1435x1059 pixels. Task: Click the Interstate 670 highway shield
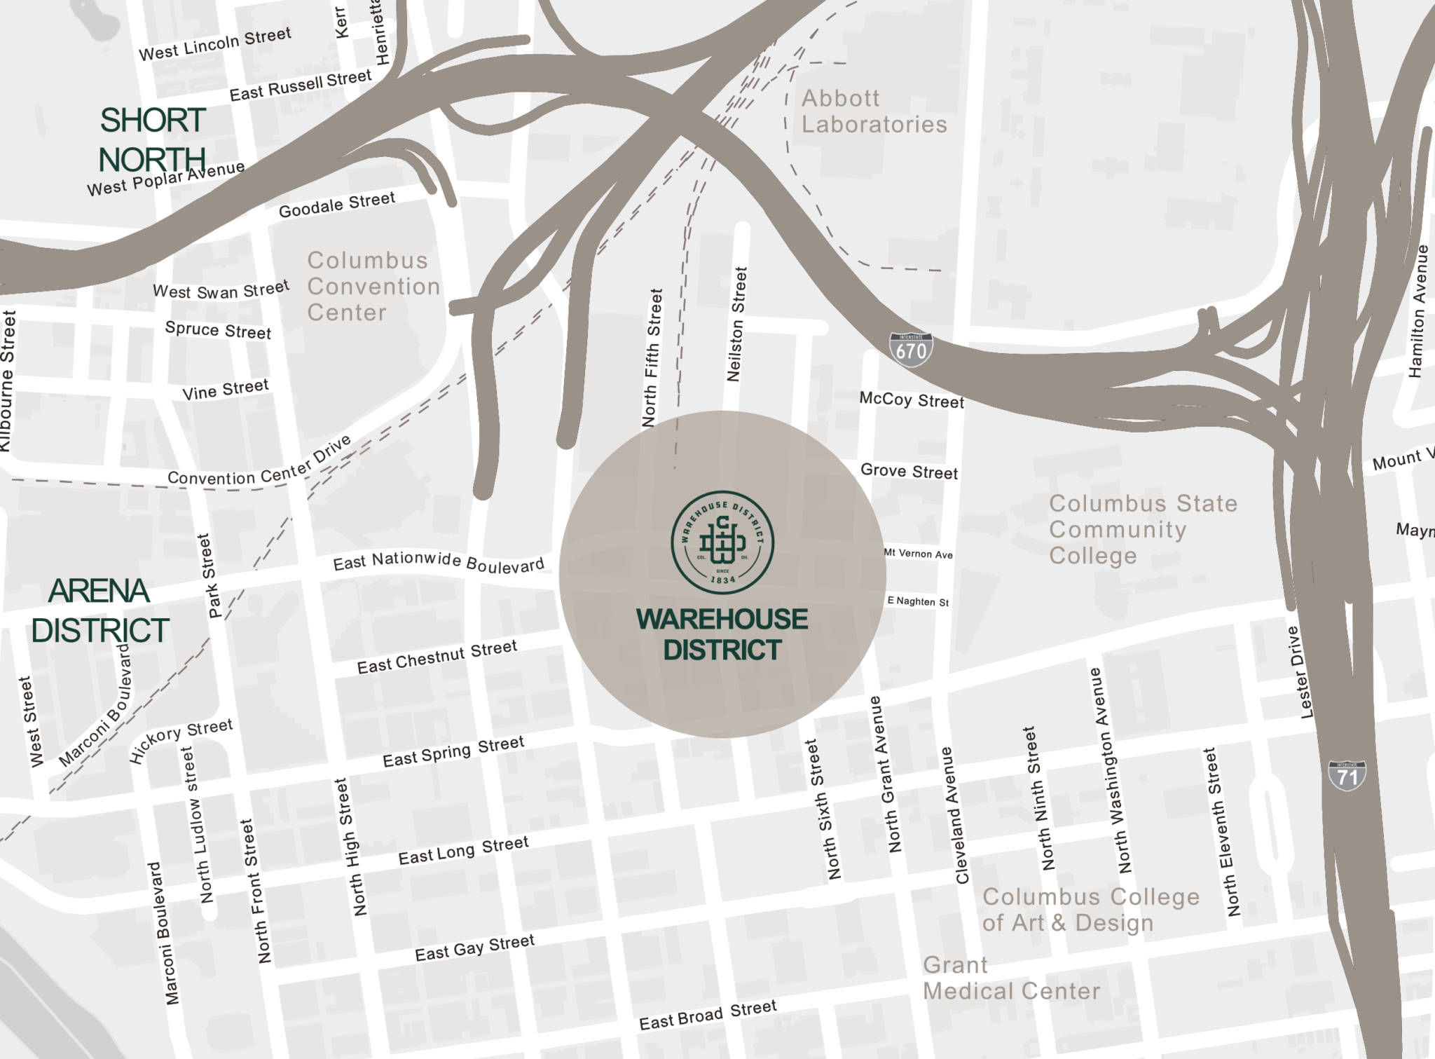click(x=911, y=349)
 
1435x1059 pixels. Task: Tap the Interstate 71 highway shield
click(x=1347, y=776)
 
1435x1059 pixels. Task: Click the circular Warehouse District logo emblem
click(x=722, y=542)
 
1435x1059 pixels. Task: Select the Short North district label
click(x=152, y=139)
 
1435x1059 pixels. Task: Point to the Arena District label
click(x=99, y=610)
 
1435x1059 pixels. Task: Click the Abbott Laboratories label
click(x=874, y=111)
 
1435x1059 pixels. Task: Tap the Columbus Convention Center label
click(x=373, y=286)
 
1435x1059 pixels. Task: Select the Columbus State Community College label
click(x=1142, y=529)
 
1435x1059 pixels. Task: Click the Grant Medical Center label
click(x=1010, y=978)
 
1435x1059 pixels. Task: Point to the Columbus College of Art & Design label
click(x=1090, y=910)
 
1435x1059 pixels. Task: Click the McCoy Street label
click(x=912, y=400)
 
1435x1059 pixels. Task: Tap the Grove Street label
click(x=909, y=471)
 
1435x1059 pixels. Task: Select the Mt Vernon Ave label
click(x=918, y=554)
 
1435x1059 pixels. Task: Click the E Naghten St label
click(x=918, y=601)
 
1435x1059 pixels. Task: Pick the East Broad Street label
click(x=708, y=1014)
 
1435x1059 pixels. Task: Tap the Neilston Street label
click(x=737, y=324)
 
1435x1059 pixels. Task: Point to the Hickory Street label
click(x=180, y=740)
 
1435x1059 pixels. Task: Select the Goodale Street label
click(x=337, y=205)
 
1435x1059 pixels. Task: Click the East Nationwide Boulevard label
click(x=439, y=562)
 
